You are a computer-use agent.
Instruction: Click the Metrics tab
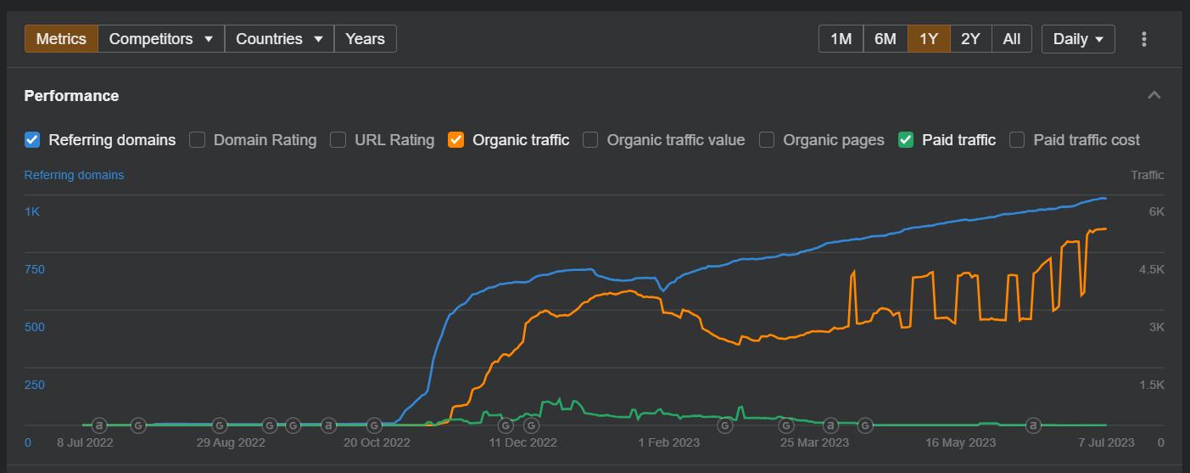click(61, 39)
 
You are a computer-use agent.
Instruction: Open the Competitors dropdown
click(161, 39)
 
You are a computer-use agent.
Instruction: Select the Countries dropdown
click(279, 39)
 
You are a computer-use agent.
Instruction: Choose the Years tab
click(365, 39)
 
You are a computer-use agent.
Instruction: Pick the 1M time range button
click(841, 39)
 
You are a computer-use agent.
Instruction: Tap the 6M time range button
click(885, 39)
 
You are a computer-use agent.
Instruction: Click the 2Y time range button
click(970, 39)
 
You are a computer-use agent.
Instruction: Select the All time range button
click(1011, 39)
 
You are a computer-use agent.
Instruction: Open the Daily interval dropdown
click(1078, 39)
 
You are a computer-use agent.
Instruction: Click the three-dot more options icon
click(1144, 39)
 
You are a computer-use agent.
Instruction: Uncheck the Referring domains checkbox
click(32, 140)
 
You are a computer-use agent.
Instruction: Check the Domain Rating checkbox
click(198, 140)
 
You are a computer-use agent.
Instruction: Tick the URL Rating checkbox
click(338, 140)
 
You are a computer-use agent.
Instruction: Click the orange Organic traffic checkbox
click(456, 140)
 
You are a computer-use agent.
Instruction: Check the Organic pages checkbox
click(767, 140)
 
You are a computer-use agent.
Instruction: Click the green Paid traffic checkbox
click(906, 140)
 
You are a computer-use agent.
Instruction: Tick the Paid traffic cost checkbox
click(1017, 140)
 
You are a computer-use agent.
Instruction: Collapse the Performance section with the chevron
click(1154, 95)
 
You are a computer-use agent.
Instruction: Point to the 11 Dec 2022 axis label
click(523, 442)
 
